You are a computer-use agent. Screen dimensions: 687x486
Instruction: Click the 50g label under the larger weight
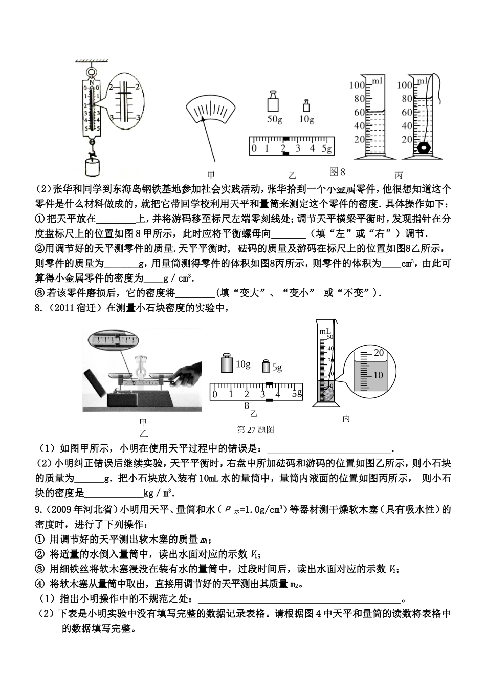click(x=275, y=119)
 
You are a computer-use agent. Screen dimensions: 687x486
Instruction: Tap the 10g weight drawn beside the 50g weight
click(x=306, y=105)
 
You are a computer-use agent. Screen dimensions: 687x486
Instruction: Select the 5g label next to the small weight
click(x=277, y=367)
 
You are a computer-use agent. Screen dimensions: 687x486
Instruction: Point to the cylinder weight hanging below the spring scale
click(x=93, y=167)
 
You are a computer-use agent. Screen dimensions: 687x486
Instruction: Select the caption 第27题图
click(x=256, y=429)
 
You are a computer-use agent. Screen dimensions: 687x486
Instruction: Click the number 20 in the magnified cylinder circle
click(x=379, y=353)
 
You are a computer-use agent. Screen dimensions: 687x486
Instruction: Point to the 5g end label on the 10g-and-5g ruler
click(x=297, y=393)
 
